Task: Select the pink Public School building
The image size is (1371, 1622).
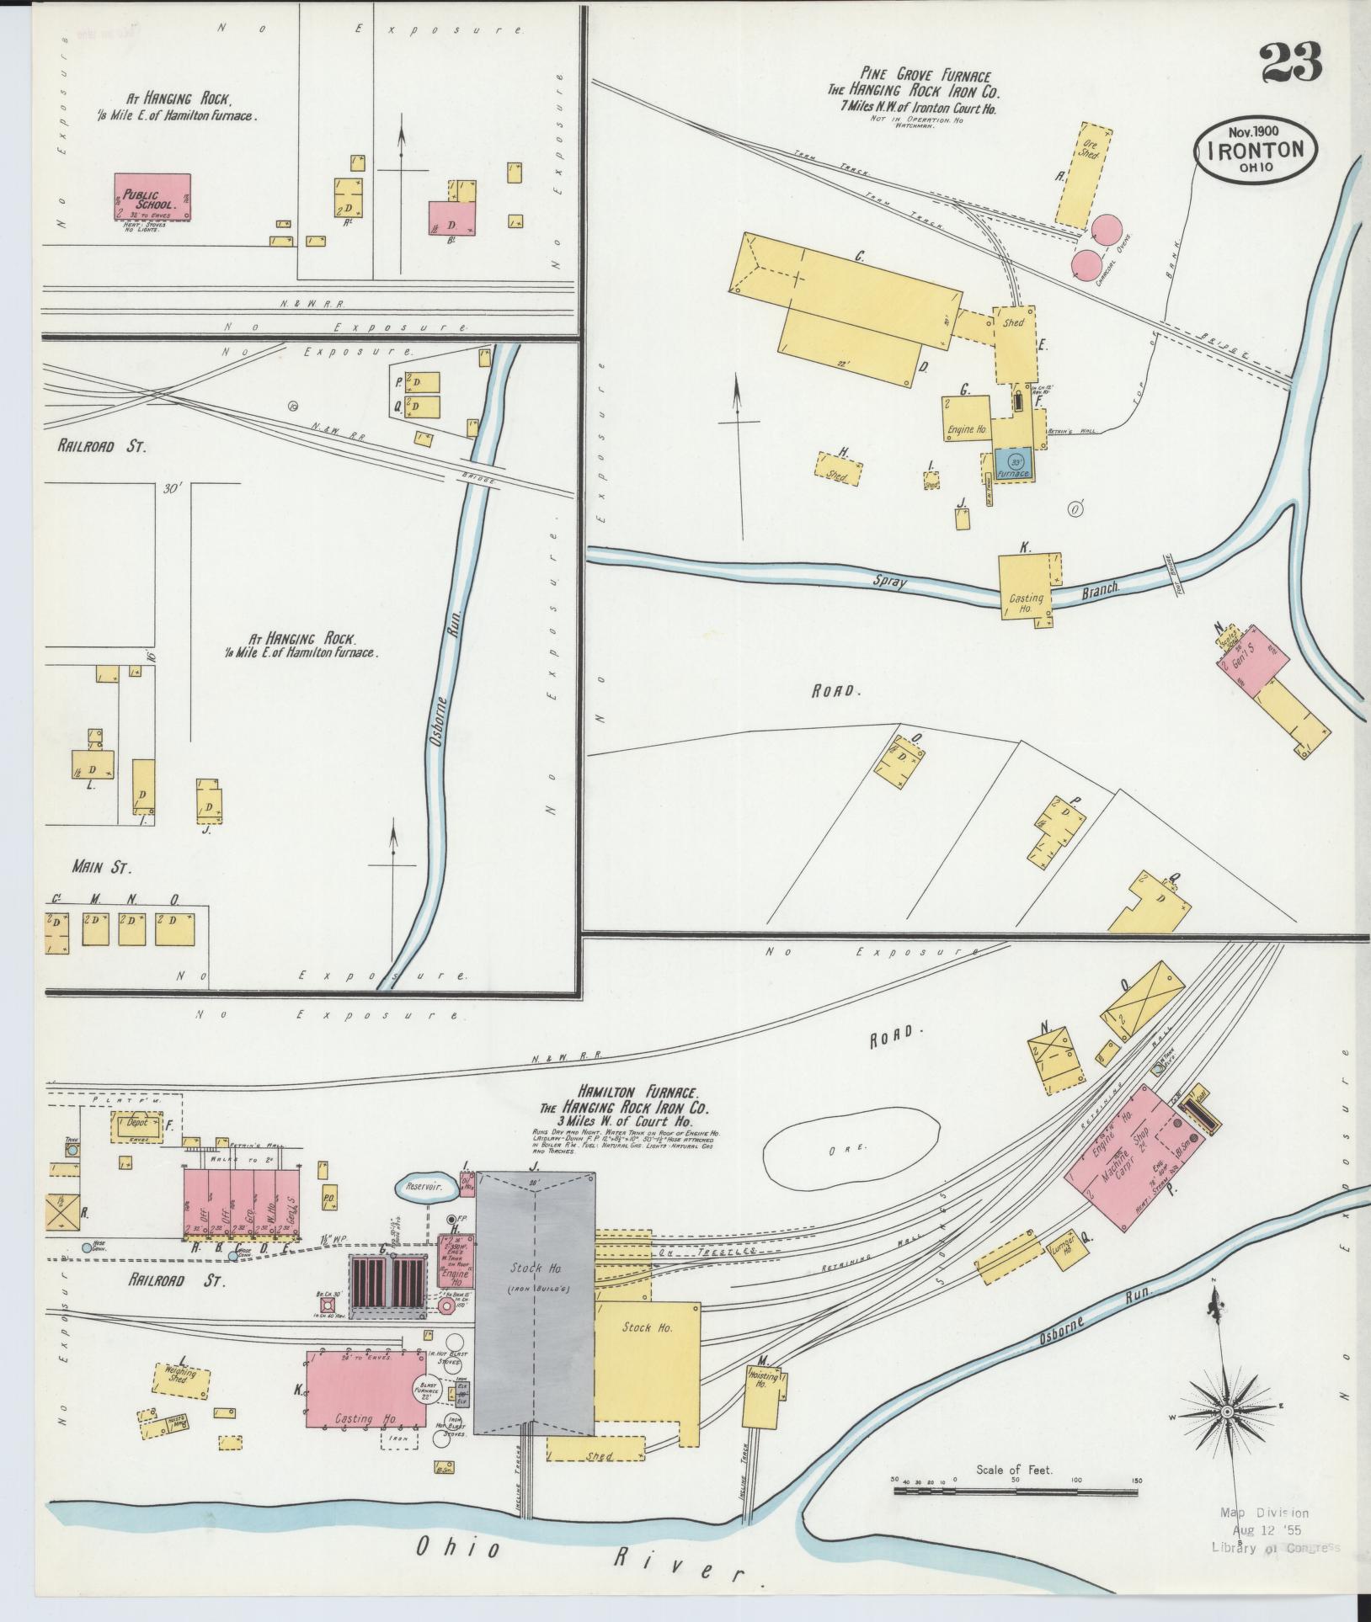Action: click(x=152, y=197)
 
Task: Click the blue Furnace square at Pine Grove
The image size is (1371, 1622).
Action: click(x=1015, y=465)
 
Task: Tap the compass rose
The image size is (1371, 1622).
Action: click(x=1227, y=1411)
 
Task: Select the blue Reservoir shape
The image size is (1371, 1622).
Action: click(x=425, y=1187)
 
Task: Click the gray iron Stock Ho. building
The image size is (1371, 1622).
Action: click(x=535, y=1296)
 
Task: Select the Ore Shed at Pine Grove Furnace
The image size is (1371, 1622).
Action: click(x=1083, y=175)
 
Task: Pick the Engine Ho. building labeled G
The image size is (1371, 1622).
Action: click(x=965, y=417)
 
